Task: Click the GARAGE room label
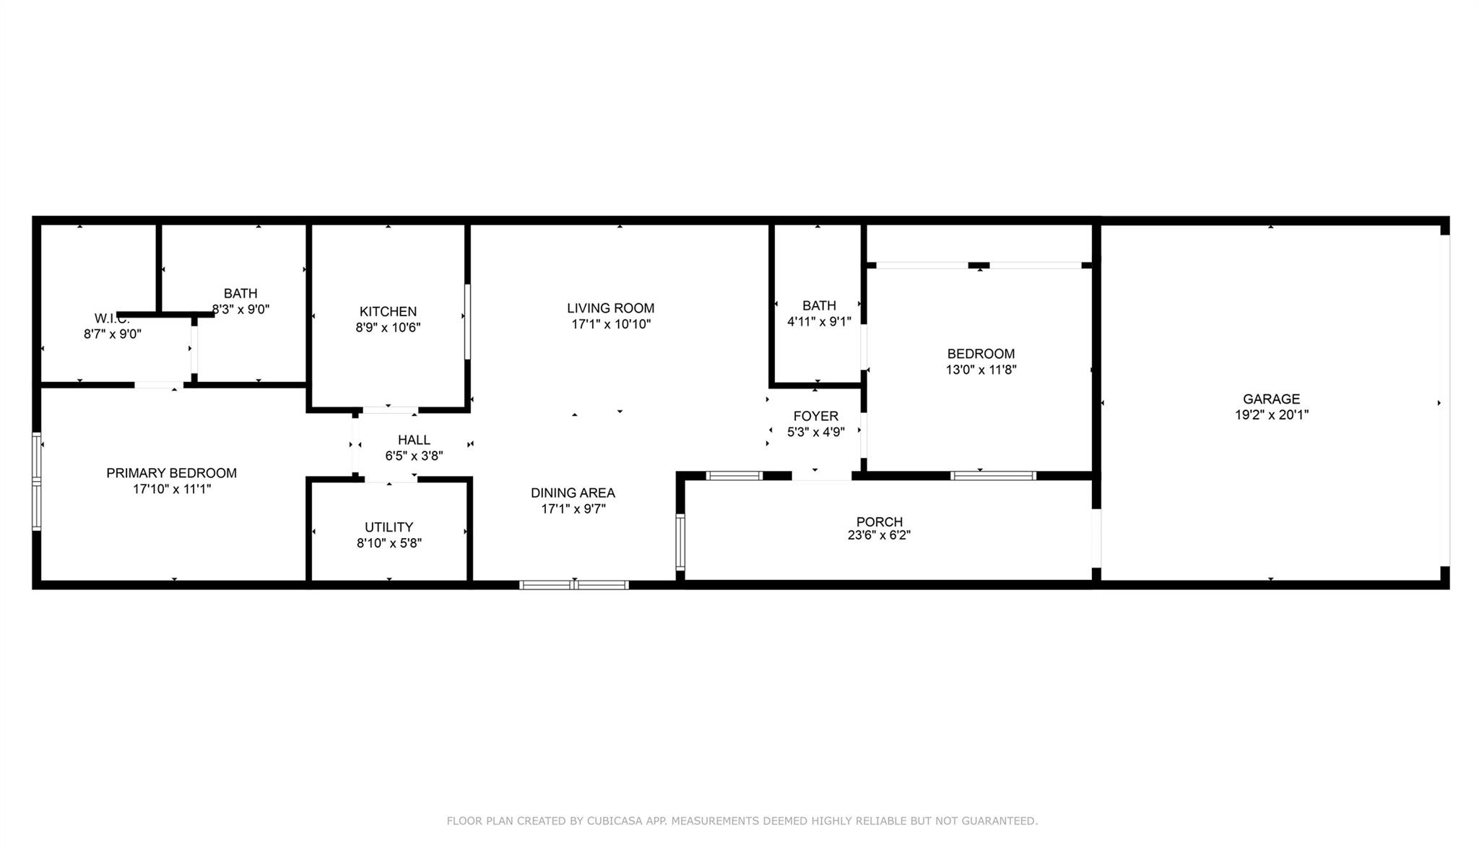coord(1271,399)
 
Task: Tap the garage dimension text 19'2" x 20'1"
coord(1271,415)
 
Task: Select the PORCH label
coord(879,521)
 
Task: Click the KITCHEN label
coord(388,311)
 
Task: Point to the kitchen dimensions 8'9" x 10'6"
coord(388,327)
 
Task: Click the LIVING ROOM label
coord(610,308)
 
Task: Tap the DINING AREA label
coord(573,493)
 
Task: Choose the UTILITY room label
coord(389,527)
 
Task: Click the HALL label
coord(414,440)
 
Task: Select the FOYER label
coord(815,416)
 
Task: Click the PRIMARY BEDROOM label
coord(171,473)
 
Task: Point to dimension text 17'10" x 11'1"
coord(171,489)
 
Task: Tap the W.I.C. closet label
coord(111,318)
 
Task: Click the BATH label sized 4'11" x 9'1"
coord(819,305)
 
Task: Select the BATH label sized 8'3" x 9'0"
coord(240,293)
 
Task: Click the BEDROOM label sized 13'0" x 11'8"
coord(981,354)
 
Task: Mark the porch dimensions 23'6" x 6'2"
coord(879,535)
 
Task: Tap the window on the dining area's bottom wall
coord(574,585)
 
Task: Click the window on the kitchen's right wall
coord(467,321)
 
